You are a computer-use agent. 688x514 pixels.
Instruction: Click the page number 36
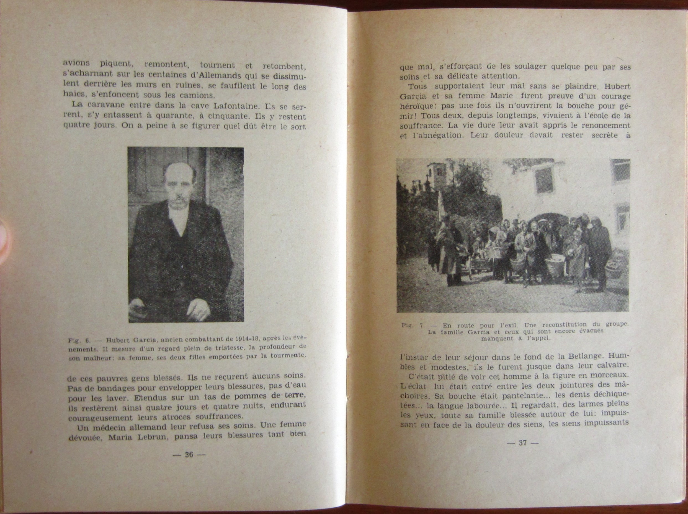189,455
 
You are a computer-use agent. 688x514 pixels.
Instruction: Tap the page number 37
523,443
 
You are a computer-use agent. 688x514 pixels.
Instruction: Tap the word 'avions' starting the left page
76,63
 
